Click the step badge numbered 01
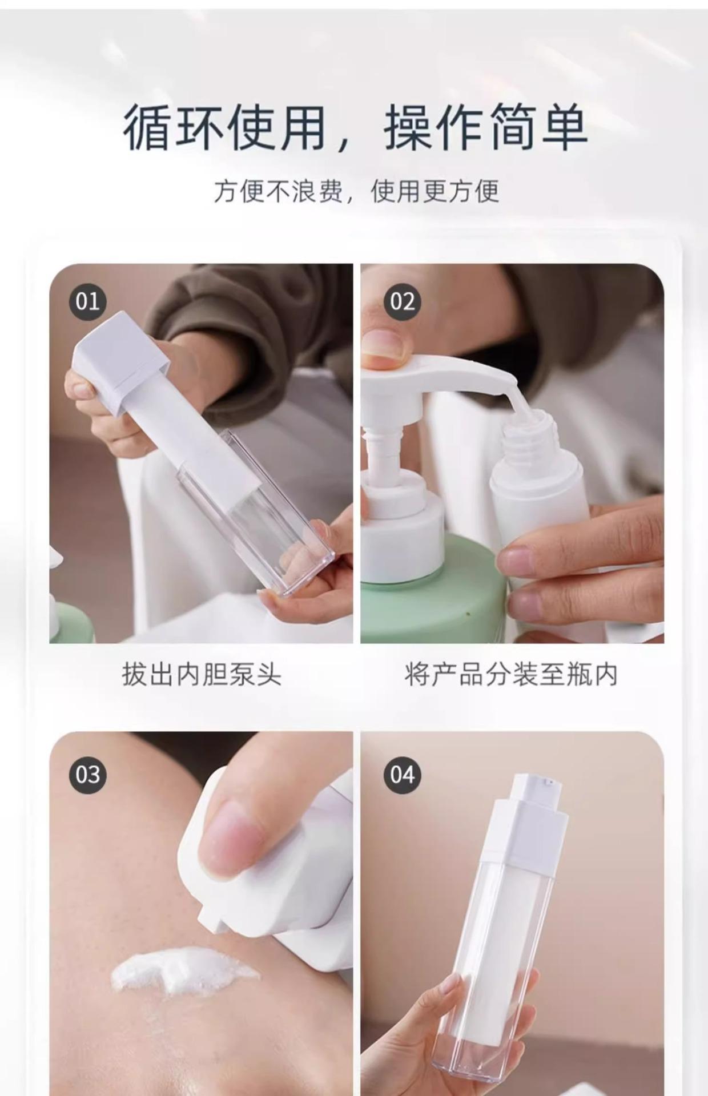87,301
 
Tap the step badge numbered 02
402,301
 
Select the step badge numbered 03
87,775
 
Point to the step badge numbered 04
402,775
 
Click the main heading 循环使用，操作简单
355,127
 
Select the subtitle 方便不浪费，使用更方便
356,191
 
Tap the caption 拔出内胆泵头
202,674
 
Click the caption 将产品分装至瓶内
511,674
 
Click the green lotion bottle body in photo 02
434,594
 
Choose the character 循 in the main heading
148,127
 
